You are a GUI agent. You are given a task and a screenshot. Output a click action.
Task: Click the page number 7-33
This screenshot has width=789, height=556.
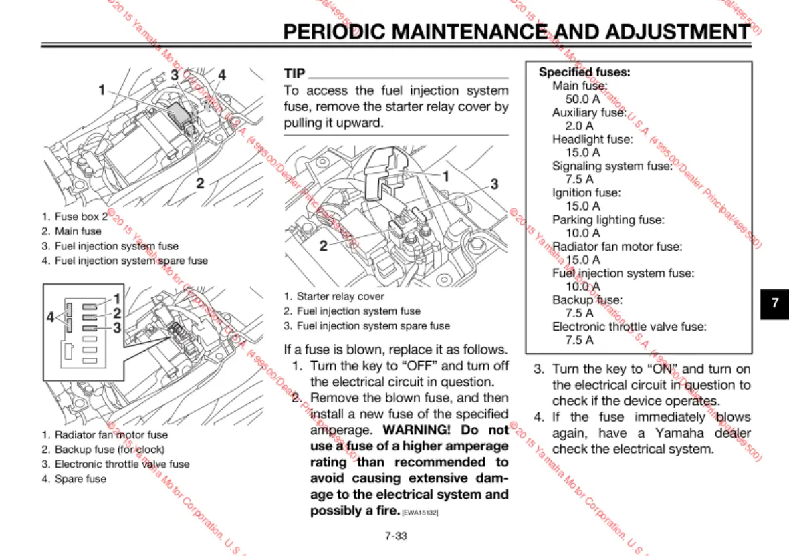tap(396, 536)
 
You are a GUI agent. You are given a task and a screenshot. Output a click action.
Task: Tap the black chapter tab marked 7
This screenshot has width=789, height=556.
tap(775, 303)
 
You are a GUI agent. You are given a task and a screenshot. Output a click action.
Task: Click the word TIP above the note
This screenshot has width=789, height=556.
tap(294, 74)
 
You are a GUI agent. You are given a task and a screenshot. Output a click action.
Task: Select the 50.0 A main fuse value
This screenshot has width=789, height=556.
tap(582, 99)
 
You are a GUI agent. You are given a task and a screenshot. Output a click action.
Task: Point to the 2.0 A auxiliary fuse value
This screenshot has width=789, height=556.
tap(579, 126)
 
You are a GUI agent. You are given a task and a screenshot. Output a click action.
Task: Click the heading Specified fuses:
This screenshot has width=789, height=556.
tap(584, 72)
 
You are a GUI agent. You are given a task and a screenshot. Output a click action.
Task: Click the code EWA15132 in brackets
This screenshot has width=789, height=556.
tap(420, 513)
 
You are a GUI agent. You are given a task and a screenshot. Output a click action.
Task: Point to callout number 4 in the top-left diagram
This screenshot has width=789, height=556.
tap(222, 75)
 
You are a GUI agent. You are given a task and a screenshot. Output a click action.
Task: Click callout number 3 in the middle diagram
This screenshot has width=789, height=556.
tap(494, 184)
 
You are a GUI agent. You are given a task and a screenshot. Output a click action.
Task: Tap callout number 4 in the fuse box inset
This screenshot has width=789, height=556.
tap(50, 317)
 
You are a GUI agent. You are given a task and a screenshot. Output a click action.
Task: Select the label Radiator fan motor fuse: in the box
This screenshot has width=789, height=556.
tap(617, 247)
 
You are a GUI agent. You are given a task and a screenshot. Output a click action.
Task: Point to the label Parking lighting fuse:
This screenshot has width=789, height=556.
tap(608, 220)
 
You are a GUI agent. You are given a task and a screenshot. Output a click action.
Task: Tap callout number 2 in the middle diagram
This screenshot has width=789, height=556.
tap(324, 246)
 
